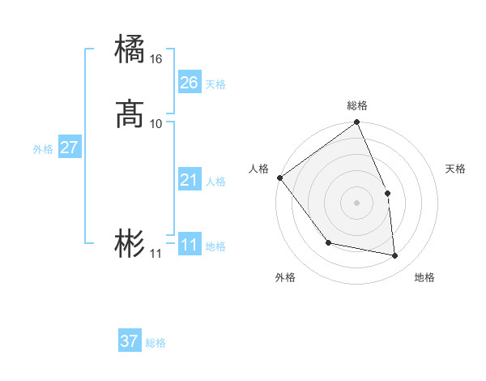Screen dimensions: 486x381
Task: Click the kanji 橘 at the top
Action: tap(130, 49)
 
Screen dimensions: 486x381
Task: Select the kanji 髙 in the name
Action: tap(130, 113)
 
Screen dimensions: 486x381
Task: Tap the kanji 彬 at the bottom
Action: tap(130, 243)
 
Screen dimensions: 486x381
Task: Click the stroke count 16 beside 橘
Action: tap(156, 59)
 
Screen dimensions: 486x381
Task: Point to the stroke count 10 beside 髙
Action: tap(156, 124)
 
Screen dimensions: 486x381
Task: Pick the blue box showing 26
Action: tap(190, 83)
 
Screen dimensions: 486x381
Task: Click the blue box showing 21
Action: tap(190, 180)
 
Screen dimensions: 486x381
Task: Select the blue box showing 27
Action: tap(69, 148)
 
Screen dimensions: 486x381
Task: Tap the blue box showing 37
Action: tap(130, 341)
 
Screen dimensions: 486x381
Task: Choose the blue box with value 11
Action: tap(190, 245)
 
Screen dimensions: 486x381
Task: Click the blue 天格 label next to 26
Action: tap(215, 84)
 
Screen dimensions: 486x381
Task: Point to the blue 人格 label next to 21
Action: tap(215, 182)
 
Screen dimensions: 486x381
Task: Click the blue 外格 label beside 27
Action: tap(43, 149)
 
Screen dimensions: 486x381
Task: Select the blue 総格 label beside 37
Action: tap(156, 343)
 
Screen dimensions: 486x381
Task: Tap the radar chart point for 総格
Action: tap(357, 123)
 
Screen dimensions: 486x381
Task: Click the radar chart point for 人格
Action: tap(279, 178)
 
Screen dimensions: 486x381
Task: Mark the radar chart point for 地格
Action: tap(395, 256)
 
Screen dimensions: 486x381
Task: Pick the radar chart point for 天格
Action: tap(387, 193)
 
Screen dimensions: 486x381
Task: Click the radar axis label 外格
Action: tap(285, 278)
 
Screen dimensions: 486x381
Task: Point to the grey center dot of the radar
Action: tap(357, 203)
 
